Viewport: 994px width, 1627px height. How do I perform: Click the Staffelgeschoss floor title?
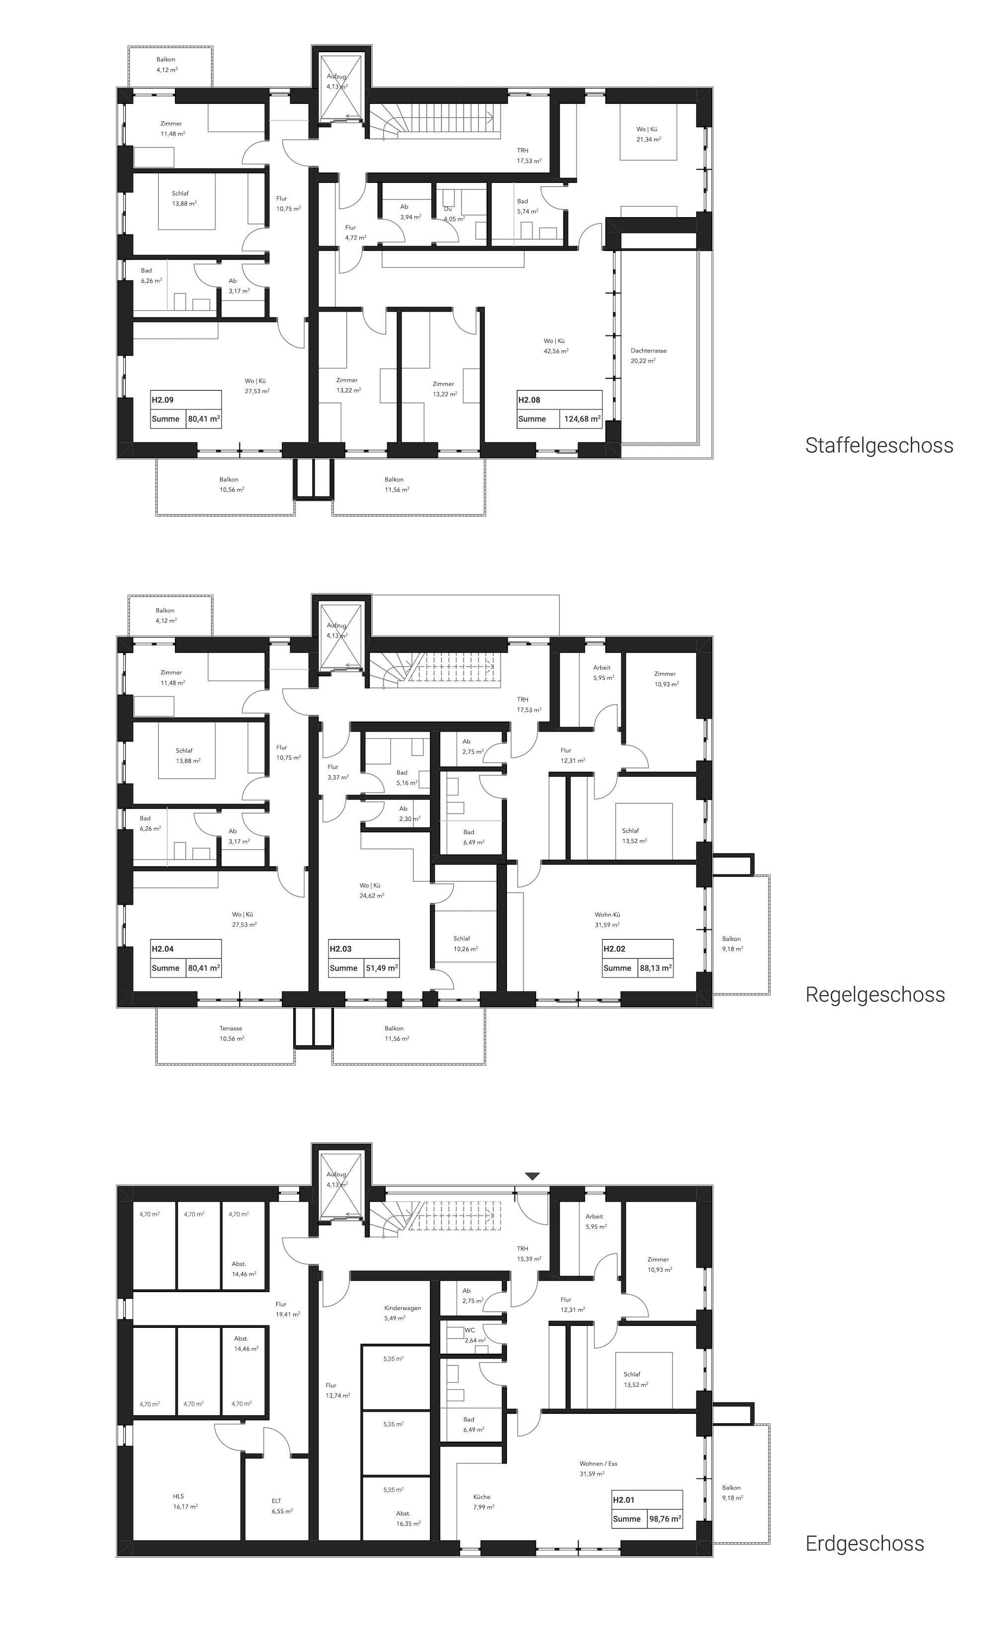pyautogui.click(x=879, y=446)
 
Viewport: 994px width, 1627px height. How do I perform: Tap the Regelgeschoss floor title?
pyautogui.click(x=875, y=995)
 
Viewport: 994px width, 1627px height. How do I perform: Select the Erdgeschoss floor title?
pyautogui.click(x=865, y=1544)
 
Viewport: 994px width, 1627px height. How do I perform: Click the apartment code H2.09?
pyautogui.click(x=163, y=400)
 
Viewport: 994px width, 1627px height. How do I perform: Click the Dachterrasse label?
pyautogui.click(x=649, y=351)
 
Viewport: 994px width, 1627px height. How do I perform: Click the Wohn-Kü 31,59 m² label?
pyautogui.click(x=607, y=920)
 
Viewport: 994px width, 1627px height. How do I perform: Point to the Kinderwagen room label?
pyautogui.click(x=402, y=1308)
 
